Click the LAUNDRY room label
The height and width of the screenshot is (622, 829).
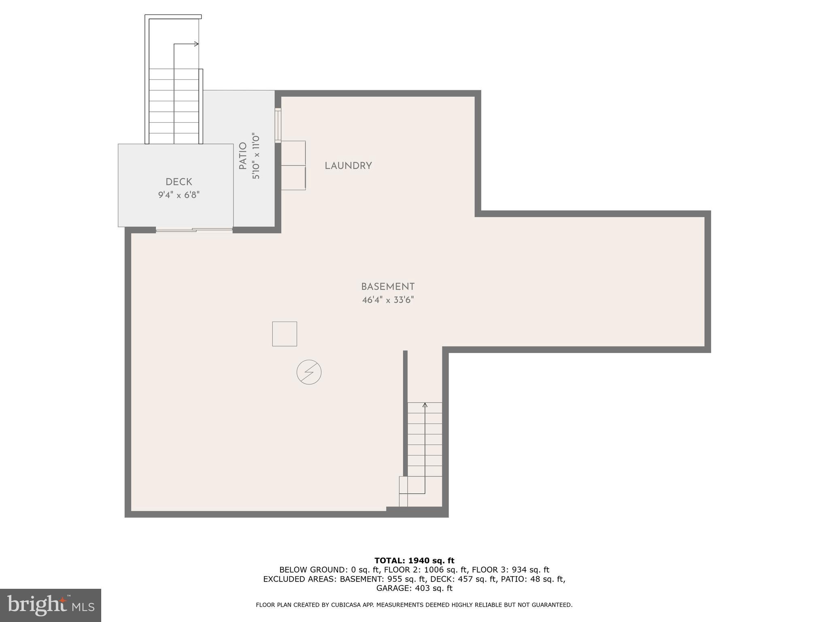pos(348,166)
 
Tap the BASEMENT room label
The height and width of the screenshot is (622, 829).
pos(388,287)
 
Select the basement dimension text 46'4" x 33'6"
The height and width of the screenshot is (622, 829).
pos(388,300)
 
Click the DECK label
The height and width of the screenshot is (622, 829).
pos(179,182)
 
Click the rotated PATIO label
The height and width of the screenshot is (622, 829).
pos(243,156)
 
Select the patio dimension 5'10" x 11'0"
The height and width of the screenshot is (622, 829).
pos(256,156)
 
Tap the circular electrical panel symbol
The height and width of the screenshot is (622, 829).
pos(309,372)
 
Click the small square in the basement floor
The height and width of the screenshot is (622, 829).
pos(285,334)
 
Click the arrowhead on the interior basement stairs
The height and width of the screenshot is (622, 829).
pos(425,405)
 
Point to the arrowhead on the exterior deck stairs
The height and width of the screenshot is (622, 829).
pos(197,44)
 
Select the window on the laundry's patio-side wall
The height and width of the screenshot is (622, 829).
pos(278,125)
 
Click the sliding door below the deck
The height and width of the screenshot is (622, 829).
pos(194,230)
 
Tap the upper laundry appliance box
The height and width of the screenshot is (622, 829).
pos(293,153)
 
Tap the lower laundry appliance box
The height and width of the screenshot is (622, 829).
pos(293,178)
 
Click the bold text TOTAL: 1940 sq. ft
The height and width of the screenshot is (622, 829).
pos(414,561)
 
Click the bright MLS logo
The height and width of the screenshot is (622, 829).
pos(51,605)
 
